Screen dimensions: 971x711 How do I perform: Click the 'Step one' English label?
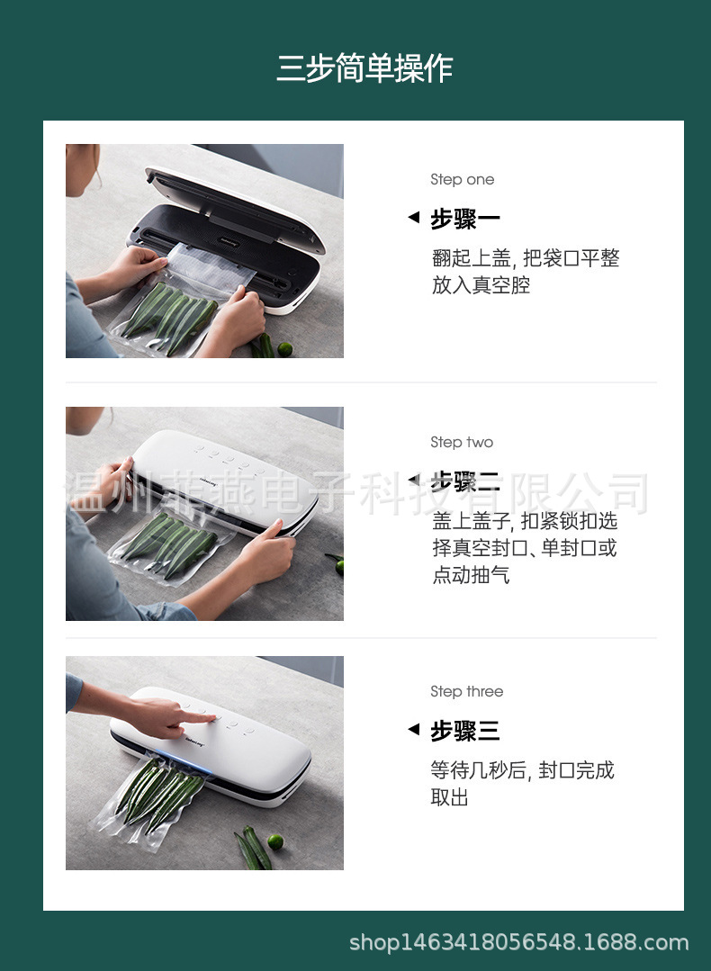[x=462, y=180]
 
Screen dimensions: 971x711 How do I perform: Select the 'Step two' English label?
[x=462, y=443]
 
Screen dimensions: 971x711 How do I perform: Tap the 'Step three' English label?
[x=466, y=692]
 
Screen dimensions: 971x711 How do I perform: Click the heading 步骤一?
[x=464, y=219]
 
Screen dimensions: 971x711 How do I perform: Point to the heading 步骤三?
[x=464, y=731]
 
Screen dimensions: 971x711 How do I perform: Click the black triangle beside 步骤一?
[x=413, y=218]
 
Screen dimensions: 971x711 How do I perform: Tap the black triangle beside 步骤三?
[x=413, y=729]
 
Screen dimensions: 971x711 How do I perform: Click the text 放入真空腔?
[x=481, y=286]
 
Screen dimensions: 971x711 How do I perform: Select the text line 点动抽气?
[x=471, y=575]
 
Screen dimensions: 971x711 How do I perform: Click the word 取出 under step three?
[x=450, y=797]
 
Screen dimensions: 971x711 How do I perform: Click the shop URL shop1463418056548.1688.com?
[x=518, y=943]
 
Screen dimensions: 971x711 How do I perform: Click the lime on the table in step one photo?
[x=284, y=348]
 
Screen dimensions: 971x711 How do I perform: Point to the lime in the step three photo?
[x=274, y=842]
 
